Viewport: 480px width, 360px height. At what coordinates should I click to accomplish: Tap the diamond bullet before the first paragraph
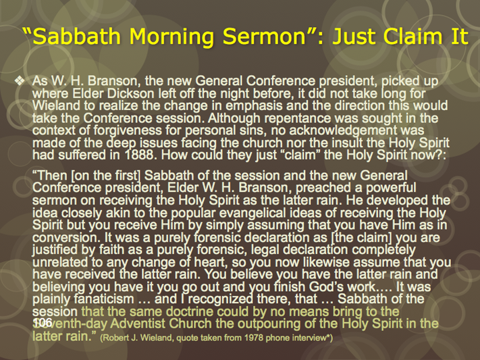[x=20, y=81]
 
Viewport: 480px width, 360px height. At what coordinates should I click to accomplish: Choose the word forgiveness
[x=128, y=131]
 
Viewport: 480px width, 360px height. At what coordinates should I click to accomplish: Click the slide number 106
[x=43, y=322]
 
